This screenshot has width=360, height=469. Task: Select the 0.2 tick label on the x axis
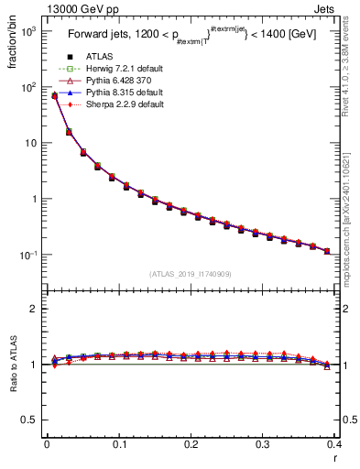point(191,443)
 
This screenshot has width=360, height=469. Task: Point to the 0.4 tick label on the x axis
point(333,443)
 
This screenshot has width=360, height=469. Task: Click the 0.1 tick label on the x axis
point(119,443)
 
